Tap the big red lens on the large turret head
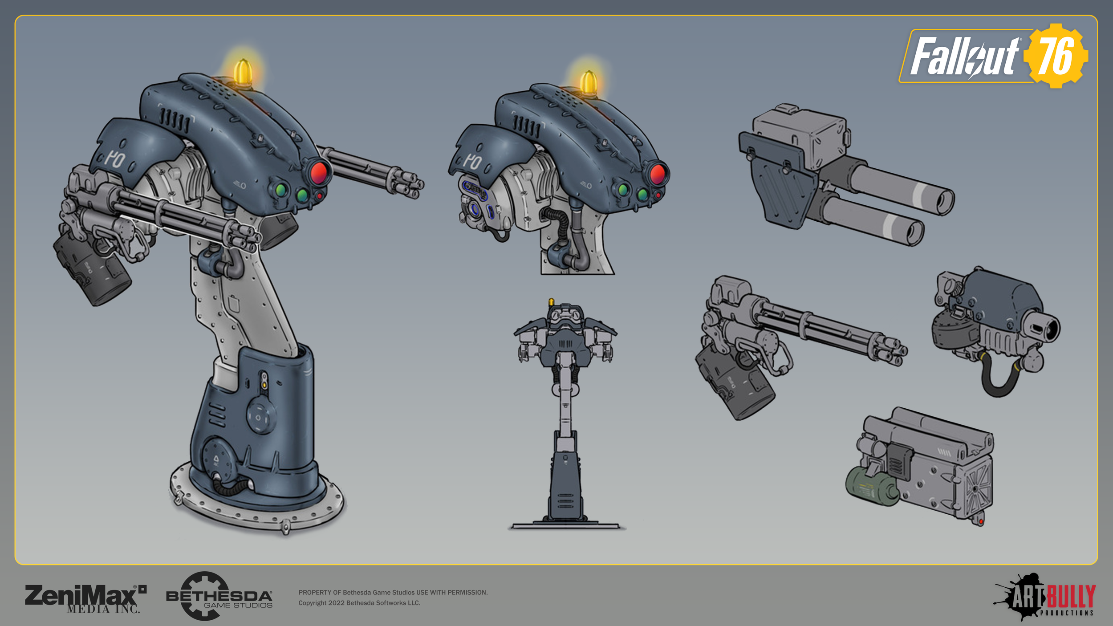click(319, 173)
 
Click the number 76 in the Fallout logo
click(1056, 56)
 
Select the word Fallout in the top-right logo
click(964, 57)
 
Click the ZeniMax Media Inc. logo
click(85, 598)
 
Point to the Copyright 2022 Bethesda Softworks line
click(359, 603)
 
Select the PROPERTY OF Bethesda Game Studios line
click(393, 592)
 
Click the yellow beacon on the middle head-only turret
click(589, 82)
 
